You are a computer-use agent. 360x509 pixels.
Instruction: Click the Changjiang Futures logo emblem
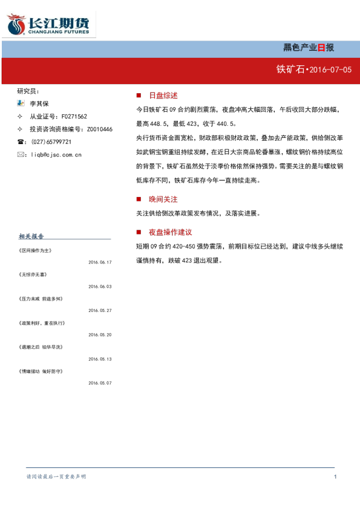[16, 24]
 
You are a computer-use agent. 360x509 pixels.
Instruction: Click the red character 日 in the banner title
[321, 48]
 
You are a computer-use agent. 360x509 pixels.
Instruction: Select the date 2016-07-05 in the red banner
[330, 70]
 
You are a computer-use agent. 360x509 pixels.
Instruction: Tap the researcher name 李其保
[39, 103]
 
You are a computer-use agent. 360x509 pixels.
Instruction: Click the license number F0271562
[74, 116]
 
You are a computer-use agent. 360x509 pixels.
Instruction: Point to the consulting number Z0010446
[99, 129]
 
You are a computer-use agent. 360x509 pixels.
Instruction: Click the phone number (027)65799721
[51, 142]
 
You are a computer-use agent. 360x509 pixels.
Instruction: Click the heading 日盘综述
[163, 96]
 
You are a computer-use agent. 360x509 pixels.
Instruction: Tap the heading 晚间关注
[163, 199]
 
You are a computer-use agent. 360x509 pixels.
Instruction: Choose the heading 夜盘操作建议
[170, 232]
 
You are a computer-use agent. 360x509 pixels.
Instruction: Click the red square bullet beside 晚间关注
[139, 199]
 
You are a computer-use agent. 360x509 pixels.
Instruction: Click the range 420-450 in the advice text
[183, 247]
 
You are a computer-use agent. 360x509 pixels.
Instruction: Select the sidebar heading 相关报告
[31, 236]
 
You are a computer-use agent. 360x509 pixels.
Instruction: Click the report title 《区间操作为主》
[35, 251]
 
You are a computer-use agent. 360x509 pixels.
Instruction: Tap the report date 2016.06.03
[100, 287]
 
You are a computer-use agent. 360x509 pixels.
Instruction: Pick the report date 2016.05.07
[100, 383]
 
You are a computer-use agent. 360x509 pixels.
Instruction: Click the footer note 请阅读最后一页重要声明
[56, 476]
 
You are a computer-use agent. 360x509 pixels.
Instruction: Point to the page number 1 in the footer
[335, 476]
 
